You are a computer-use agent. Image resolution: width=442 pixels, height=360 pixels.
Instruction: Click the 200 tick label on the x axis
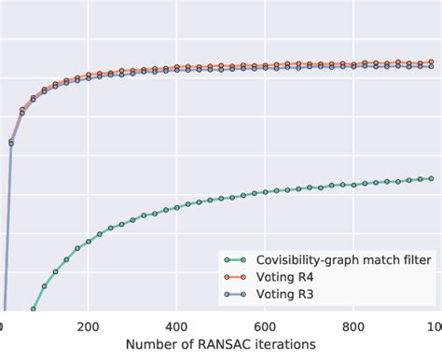coord(89,326)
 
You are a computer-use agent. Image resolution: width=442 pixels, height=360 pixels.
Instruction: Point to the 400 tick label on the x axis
coord(176,326)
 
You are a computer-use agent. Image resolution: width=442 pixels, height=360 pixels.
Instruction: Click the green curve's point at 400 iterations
coord(176,206)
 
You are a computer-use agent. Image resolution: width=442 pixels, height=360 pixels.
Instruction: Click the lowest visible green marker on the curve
coord(34,309)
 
